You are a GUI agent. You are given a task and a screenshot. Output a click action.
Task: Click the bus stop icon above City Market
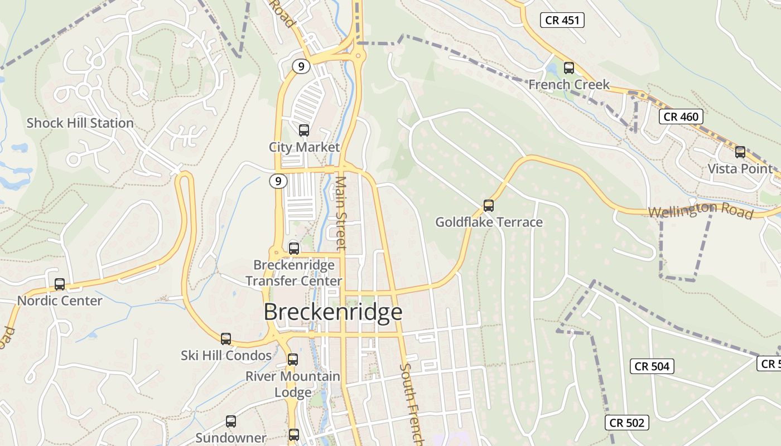tap(303, 130)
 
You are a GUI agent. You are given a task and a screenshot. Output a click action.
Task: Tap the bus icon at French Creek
tap(569, 68)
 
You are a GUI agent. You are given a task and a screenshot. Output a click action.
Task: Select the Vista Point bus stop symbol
tap(740, 152)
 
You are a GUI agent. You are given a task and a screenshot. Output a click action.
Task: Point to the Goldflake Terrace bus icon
tap(489, 205)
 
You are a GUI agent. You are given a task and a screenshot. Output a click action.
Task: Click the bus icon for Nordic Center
tap(60, 284)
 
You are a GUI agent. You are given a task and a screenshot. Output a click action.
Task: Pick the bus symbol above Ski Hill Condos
tap(226, 338)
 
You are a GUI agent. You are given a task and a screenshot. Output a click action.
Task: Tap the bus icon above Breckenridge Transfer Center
tap(293, 248)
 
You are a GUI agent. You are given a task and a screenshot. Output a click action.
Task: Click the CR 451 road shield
tap(562, 21)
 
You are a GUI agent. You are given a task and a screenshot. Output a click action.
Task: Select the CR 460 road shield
tap(681, 117)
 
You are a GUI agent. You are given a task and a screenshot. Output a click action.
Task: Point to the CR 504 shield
tap(652, 366)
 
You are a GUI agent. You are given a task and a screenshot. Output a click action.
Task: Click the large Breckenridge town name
tap(333, 312)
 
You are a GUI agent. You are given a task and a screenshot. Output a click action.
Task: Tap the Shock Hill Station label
tap(80, 123)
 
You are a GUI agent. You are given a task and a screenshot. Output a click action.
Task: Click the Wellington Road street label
tap(701, 211)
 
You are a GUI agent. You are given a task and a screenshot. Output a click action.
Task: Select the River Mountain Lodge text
tap(293, 384)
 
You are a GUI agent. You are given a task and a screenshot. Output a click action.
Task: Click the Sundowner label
tap(231, 438)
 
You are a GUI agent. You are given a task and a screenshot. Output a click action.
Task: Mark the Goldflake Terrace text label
tap(489, 222)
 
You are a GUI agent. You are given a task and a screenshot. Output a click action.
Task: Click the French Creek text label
tap(569, 85)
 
